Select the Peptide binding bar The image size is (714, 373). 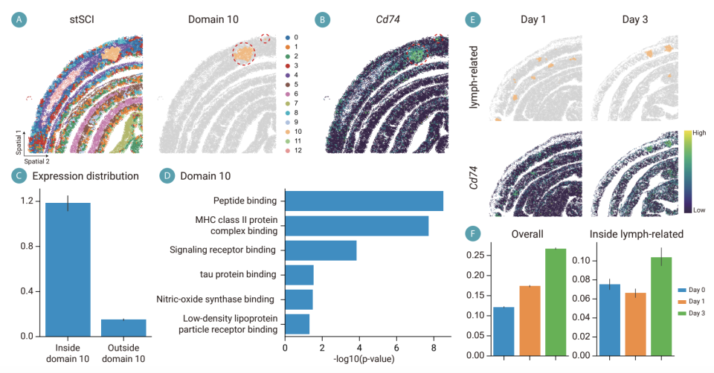point(364,201)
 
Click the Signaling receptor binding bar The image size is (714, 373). point(321,250)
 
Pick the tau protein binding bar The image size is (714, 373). point(300,275)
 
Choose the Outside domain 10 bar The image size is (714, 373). point(123,328)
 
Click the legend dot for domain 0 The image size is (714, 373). point(287,36)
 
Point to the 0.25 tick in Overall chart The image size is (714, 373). point(477,255)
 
